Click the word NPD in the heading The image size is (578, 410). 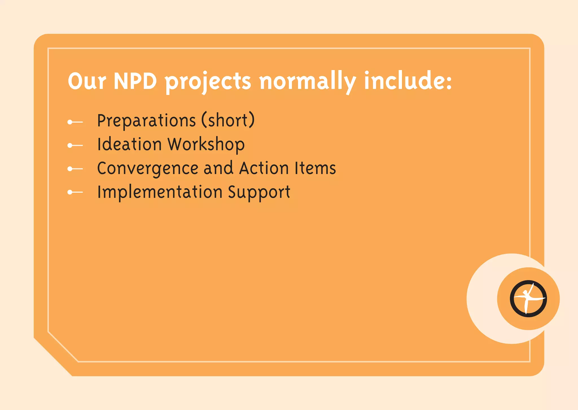click(x=135, y=81)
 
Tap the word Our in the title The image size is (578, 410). click(x=87, y=81)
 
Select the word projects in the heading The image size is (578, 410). click(x=208, y=82)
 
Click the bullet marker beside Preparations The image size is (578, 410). click(x=75, y=122)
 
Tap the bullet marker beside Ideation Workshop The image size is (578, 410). click(x=75, y=146)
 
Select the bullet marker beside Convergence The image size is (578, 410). click(x=75, y=169)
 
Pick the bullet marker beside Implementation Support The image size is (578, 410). click(x=75, y=192)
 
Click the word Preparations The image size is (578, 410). click(x=146, y=121)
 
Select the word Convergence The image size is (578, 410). click(x=148, y=168)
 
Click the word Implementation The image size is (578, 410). click(x=160, y=192)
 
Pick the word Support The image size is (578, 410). click(x=259, y=192)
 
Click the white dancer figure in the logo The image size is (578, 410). click(x=527, y=298)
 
